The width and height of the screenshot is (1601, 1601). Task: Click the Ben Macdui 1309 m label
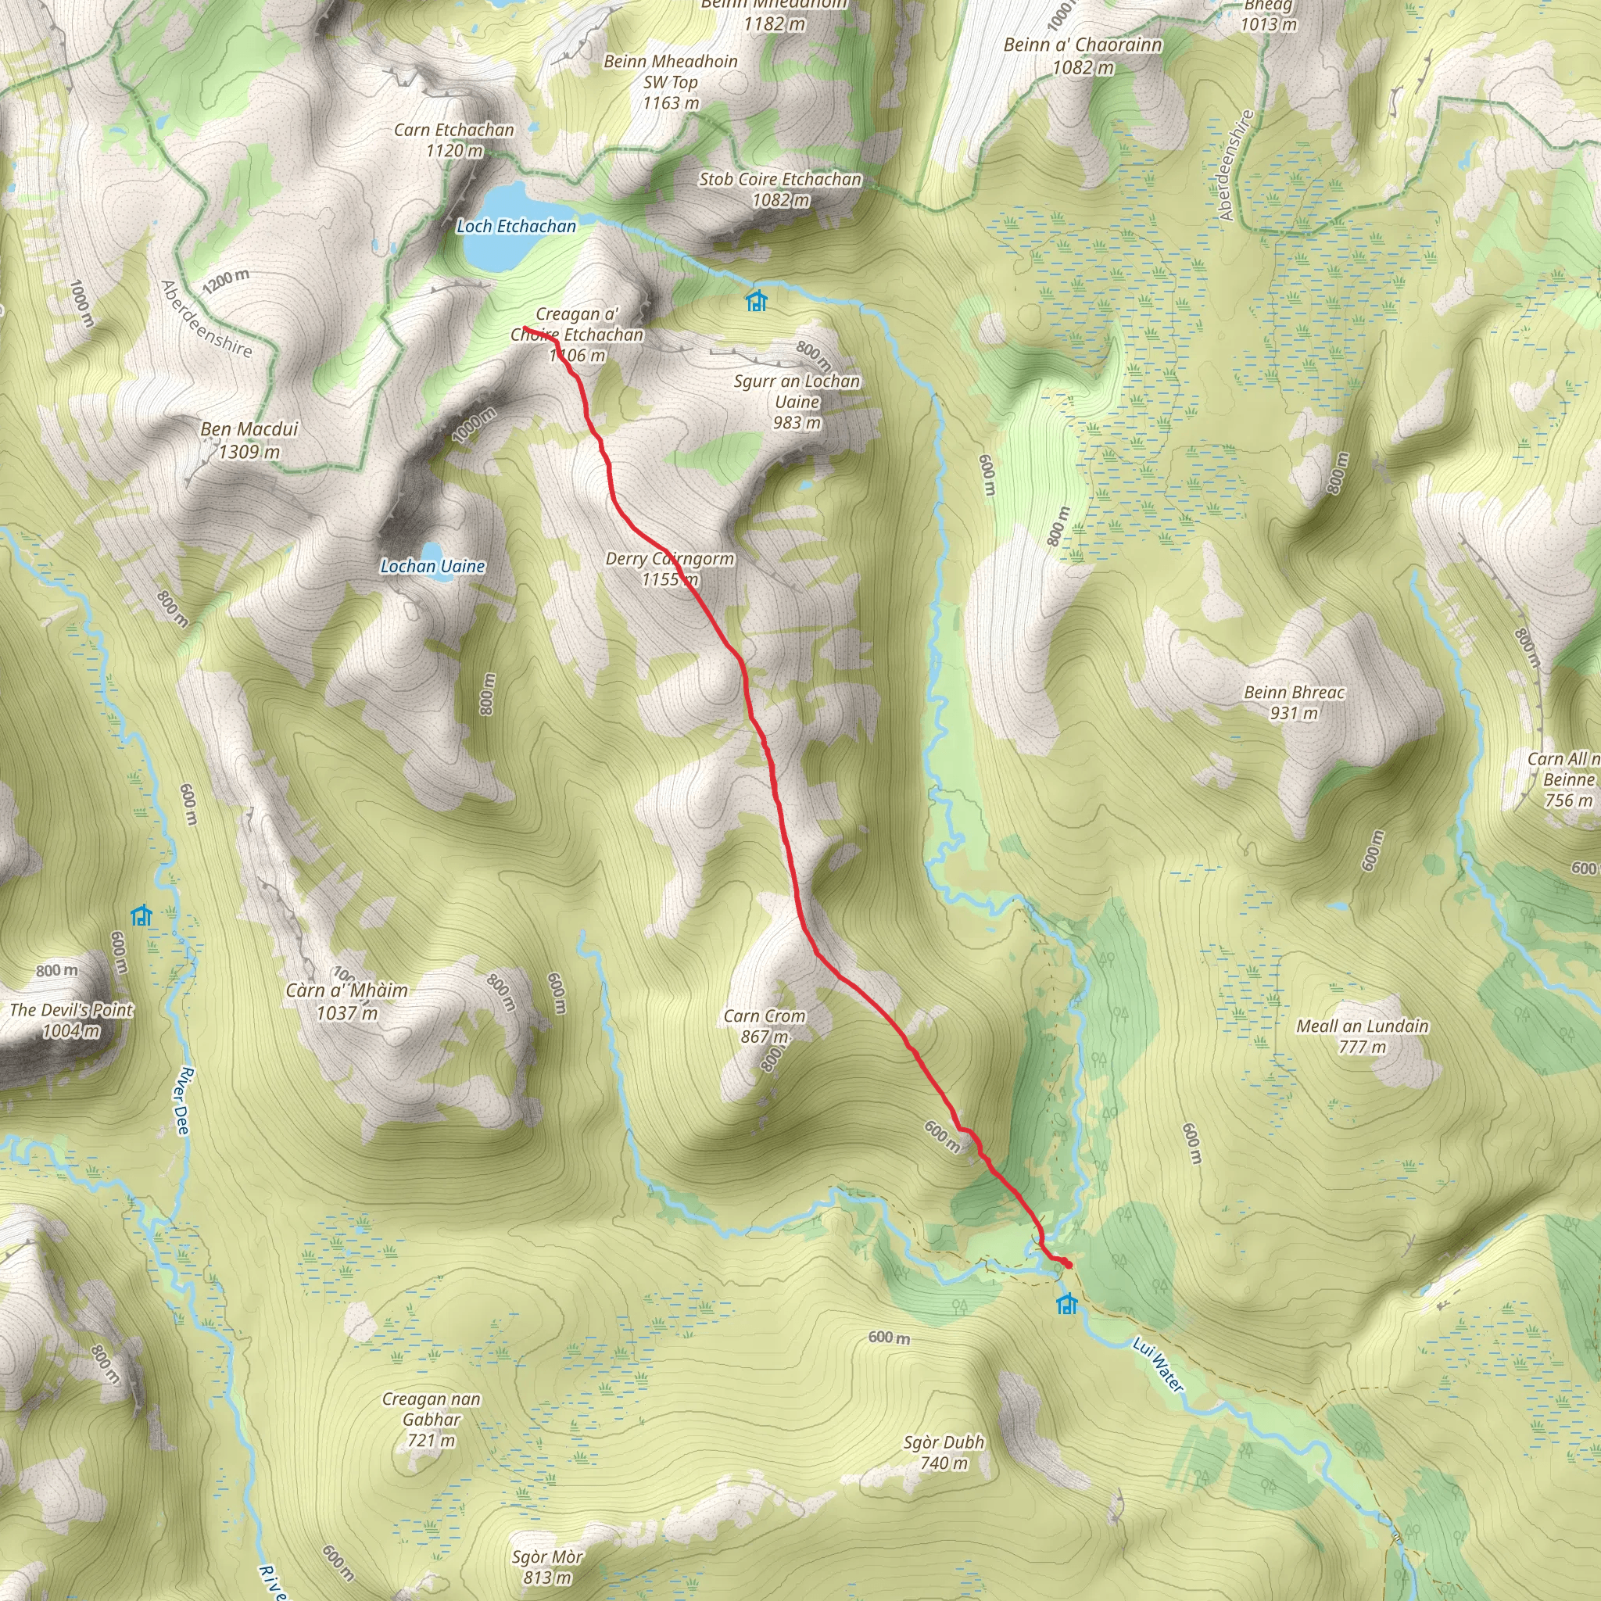pos(249,440)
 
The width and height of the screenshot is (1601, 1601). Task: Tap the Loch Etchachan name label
pos(515,226)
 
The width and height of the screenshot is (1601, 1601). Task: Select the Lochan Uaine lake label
pos(432,567)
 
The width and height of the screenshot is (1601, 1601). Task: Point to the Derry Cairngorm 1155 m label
pos(670,568)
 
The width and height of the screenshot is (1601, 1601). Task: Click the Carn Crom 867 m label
pos(764,1026)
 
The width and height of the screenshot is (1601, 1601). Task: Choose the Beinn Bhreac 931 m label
pos(1294,702)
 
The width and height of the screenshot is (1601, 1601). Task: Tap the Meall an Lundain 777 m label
pos(1363,1036)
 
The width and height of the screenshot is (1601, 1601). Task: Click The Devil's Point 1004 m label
pos(71,1020)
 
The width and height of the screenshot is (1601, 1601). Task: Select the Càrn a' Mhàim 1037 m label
pos(346,1001)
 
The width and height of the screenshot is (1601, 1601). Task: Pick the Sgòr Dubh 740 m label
pos(944,1452)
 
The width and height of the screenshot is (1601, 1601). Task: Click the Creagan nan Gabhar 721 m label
pos(431,1419)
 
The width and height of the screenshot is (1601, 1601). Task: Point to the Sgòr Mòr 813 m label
pos(547,1567)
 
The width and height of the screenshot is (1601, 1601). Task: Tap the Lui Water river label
pos(1159,1366)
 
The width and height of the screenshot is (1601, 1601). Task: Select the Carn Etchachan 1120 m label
pos(454,140)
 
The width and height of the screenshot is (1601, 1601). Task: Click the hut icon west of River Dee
pos(141,915)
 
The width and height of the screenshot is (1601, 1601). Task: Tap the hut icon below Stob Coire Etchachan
pos(755,301)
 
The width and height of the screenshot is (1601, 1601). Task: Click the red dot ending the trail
pos(1067,1265)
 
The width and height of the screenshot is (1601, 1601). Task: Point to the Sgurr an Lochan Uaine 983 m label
pos(797,402)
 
